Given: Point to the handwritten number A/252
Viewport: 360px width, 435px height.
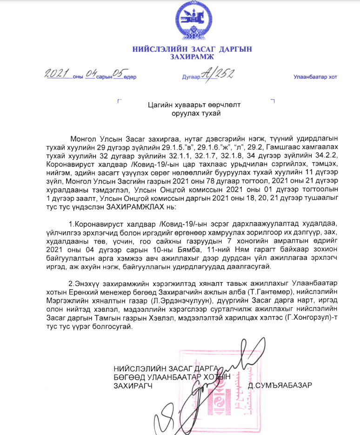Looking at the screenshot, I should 220,73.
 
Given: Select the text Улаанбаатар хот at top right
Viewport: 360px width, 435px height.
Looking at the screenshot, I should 315,77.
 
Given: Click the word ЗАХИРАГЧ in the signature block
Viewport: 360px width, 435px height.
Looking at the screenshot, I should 133,385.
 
